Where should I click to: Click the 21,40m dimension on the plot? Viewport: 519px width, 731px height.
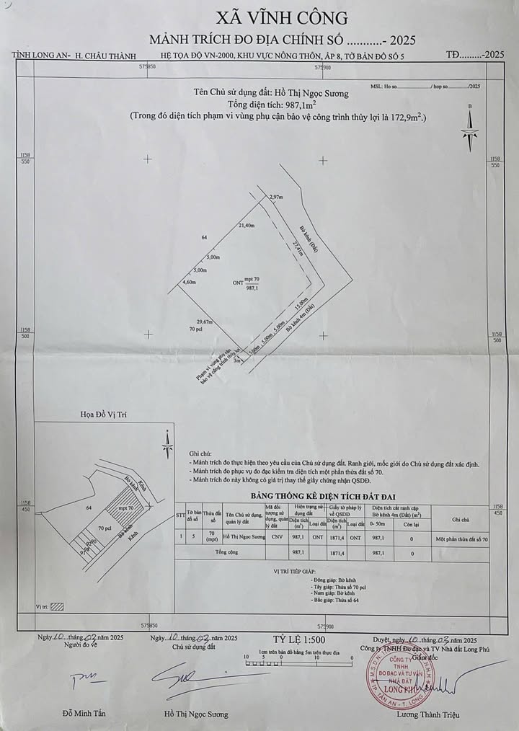pyautogui.click(x=247, y=226)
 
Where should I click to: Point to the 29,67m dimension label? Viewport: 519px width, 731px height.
pyautogui.click(x=204, y=322)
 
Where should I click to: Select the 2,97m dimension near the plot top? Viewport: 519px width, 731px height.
pyautogui.click(x=275, y=197)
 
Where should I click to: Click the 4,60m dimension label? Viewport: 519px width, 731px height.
pyautogui.click(x=189, y=282)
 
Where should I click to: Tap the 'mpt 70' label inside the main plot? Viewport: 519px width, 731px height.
pyautogui.click(x=252, y=278)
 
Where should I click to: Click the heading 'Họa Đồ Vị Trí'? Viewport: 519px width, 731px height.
pyautogui.click(x=105, y=415)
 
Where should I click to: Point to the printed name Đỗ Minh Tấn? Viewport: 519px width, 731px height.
pyautogui.click(x=84, y=714)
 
